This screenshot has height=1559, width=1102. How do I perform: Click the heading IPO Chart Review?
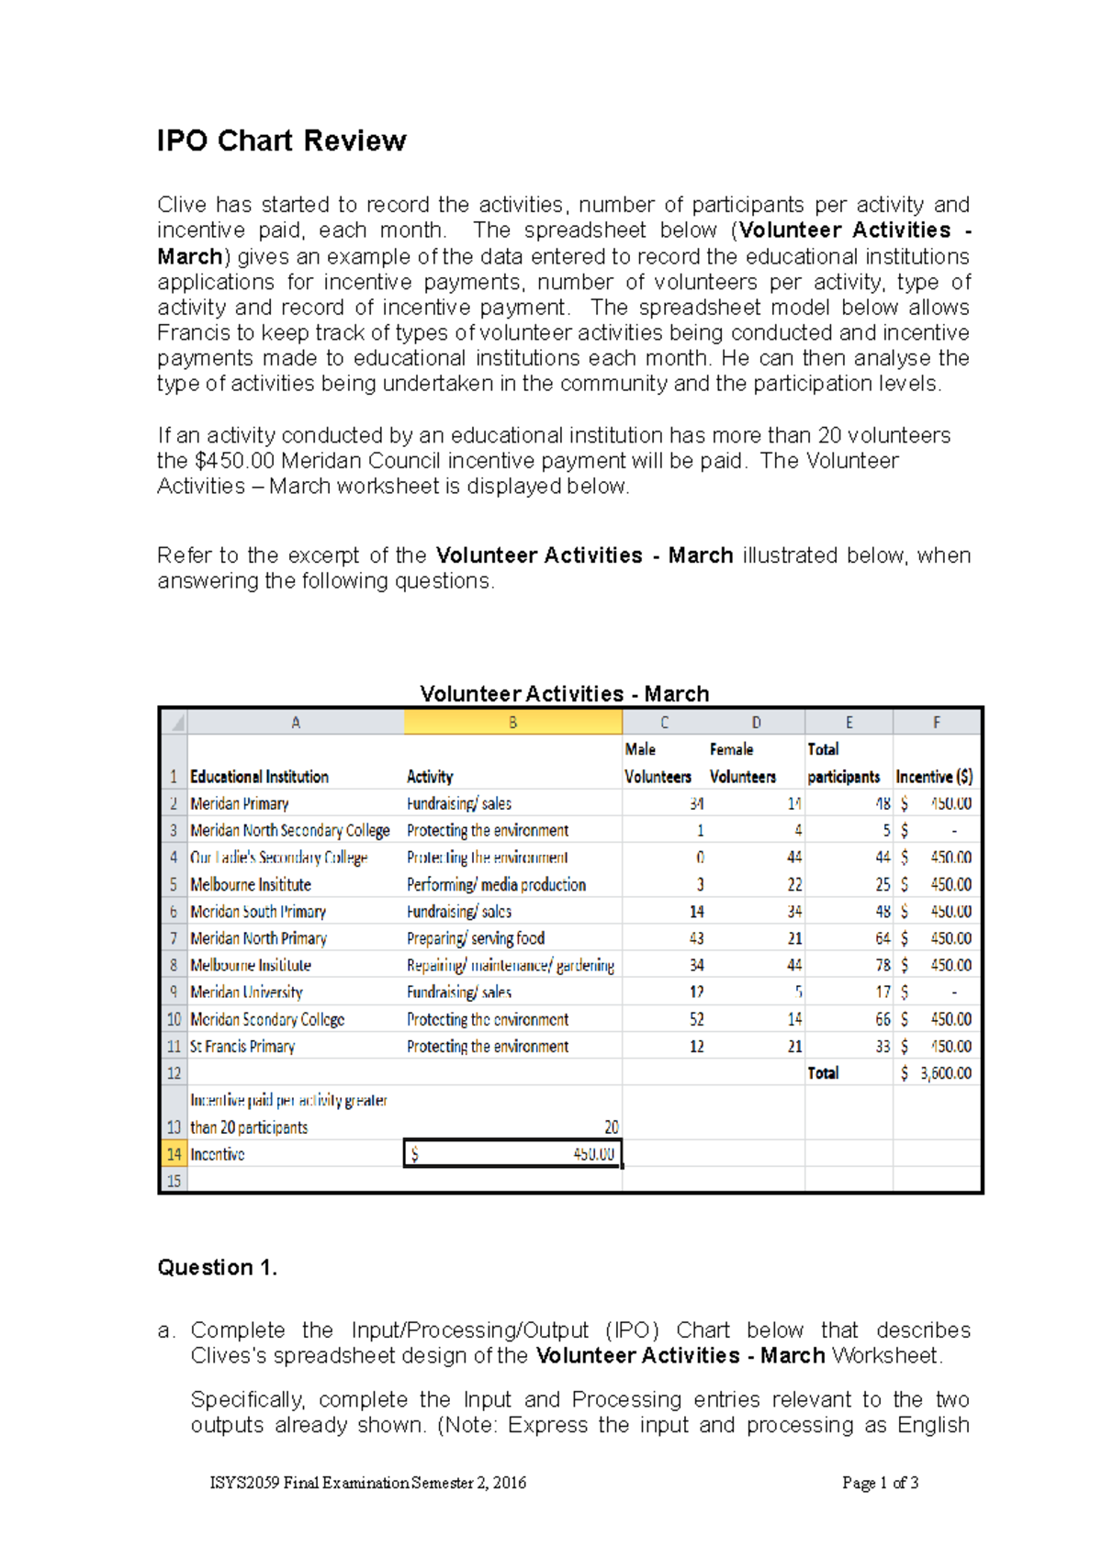point(281,140)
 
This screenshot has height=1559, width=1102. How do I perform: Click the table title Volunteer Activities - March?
point(564,693)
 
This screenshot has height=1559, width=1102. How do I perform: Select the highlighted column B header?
point(512,723)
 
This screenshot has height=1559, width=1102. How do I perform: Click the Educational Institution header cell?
point(259,777)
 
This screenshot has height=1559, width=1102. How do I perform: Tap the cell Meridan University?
point(246,993)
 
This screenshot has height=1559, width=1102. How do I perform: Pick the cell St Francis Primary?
point(242,1047)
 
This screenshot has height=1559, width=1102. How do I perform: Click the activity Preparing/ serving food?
point(476,938)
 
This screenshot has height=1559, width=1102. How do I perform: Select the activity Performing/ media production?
point(496,885)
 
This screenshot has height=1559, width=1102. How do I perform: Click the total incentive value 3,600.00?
point(946,1073)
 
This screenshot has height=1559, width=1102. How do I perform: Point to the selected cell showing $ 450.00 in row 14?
point(512,1154)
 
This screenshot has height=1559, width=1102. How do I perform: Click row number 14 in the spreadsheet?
point(174,1154)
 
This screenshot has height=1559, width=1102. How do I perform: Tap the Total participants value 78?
point(882,966)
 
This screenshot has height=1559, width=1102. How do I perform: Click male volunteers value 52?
point(696,1019)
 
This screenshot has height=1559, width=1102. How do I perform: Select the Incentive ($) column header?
point(934,777)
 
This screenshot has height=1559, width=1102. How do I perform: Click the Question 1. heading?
point(218,1268)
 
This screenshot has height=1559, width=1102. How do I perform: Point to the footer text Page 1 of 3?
point(880,1483)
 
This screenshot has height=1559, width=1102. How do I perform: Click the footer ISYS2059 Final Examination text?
point(368,1483)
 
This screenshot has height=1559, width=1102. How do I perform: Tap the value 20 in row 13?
point(611,1127)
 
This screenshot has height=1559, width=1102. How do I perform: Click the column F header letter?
point(936,723)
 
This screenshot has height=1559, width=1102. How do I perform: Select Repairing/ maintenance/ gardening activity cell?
point(510,966)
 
